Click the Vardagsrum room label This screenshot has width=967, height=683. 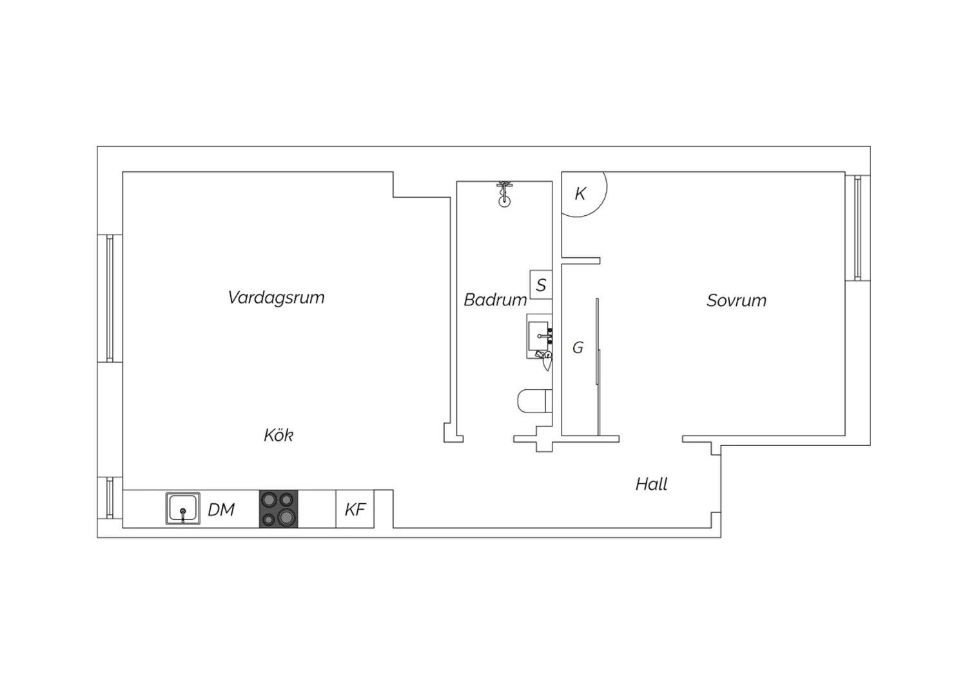pyautogui.click(x=276, y=297)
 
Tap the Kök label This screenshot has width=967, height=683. pyautogui.click(x=278, y=435)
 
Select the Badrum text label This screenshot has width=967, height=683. pyautogui.click(x=495, y=300)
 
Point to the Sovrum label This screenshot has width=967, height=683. pyautogui.click(x=736, y=300)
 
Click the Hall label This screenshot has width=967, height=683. pyautogui.click(x=651, y=484)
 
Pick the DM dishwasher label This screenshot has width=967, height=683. pyautogui.click(x=221, y=510)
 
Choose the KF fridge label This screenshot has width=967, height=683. pyautogui.click(x=355, y=510)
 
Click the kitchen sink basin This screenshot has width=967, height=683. pyautogui.click(x=183, y=508)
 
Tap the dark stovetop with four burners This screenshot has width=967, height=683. pyautogui.click(x=278, y=508)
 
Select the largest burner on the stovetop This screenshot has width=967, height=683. pyautogui.click(x=286, y=517)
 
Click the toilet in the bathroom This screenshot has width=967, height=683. pyautogui.click(x=534, y=401)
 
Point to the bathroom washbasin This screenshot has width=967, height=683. pyautogui.click(x=539, y=336)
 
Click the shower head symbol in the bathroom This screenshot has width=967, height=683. pyautogui.click(x=504, y=195)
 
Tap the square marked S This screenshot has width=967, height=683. pyautogui.click(x=541, y=285)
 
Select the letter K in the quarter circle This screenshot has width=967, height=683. pyautogui.click(x=580, y=194)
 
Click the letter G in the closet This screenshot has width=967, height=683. pyautogui.click(x=578, y=347)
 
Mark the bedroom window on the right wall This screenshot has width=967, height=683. pyautogui.click(x=857, y=228)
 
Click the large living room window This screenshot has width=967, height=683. pyautogui.click(x=110, y=298)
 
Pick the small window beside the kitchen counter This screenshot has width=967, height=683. pyautogui.click(x=110, y=497)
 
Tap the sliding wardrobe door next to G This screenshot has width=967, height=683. pyautogui.click(x=598, y=367)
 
